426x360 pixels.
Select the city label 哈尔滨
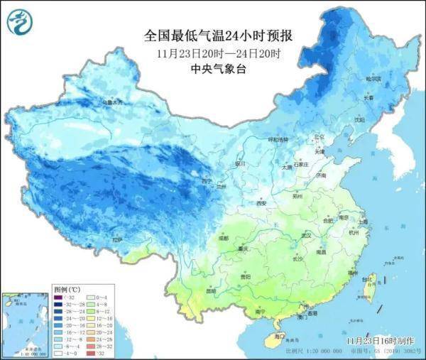click(373, 78)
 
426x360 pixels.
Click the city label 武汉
click(307, 234)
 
